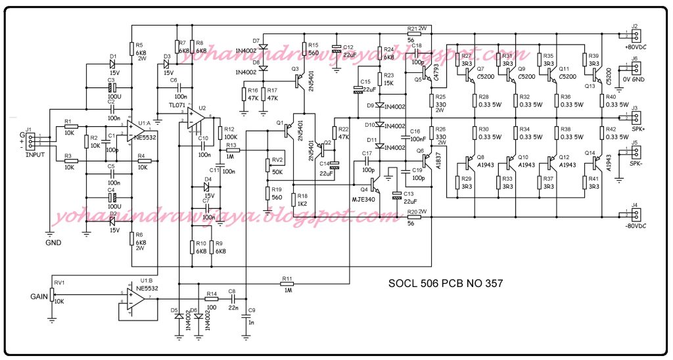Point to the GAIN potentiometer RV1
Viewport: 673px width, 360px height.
coord(52,298)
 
